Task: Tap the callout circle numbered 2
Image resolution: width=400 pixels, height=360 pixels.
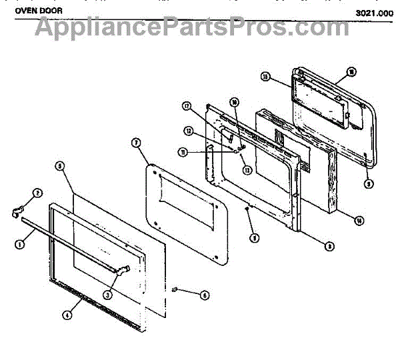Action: coord(38,193)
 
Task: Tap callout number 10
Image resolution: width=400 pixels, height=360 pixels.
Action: coord(234,102)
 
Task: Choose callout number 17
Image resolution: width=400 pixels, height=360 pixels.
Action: coord(187,105)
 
